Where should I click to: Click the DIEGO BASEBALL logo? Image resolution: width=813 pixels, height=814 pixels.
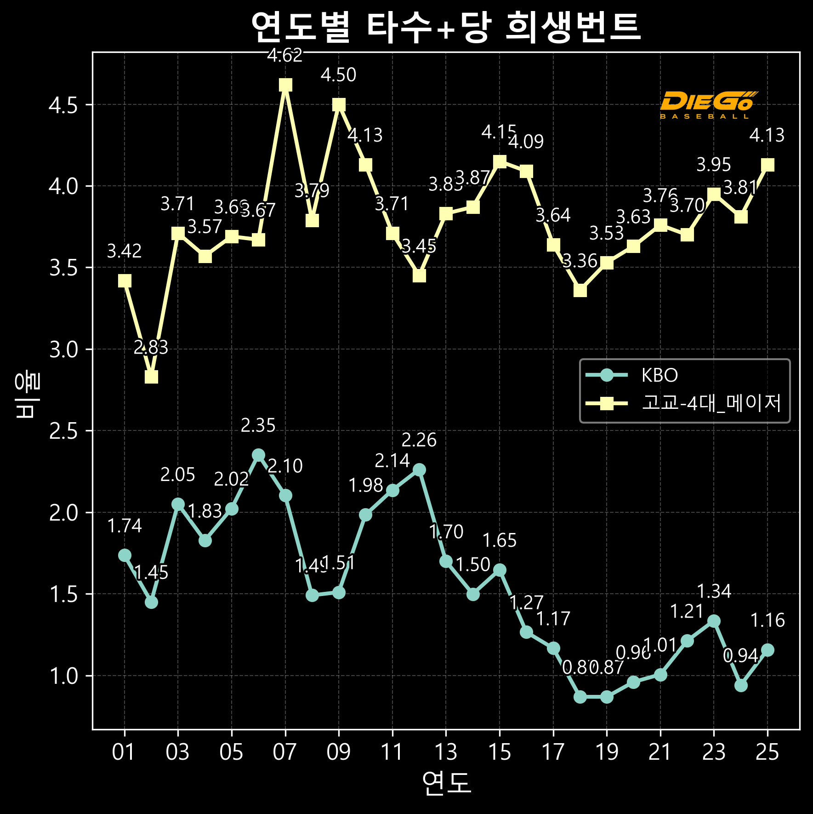[707, 105]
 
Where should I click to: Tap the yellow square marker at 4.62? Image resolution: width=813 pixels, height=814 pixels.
[285, 85]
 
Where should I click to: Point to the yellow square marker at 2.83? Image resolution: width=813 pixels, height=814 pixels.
[151, 377]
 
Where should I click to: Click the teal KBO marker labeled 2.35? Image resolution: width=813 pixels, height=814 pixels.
[259, 455]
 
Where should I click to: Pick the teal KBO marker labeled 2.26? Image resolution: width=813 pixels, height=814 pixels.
[419, 470]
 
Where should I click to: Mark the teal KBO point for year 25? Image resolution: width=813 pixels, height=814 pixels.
[768, 650]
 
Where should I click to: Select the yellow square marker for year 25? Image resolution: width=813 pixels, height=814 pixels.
[768, 165]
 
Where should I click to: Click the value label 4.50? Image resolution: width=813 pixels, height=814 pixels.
[338, 75]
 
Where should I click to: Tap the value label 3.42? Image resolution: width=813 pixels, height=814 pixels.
[124, 251]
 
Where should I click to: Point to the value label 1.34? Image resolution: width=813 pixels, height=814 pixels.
[714, 591]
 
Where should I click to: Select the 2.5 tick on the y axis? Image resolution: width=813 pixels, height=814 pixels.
[63, 431]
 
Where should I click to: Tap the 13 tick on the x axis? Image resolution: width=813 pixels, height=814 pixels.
[446, 753]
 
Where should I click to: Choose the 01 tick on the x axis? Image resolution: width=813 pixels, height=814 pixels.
[124, 753]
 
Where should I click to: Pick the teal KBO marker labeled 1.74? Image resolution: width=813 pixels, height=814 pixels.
[125, 555]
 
